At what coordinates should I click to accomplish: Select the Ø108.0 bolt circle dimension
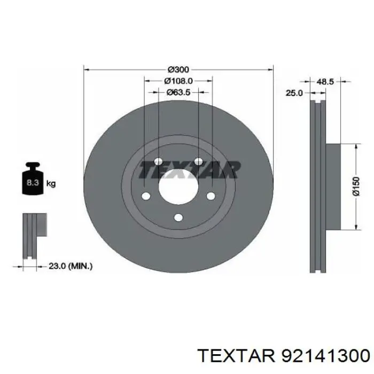(178, 81)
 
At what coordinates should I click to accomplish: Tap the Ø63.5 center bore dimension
(178, 92)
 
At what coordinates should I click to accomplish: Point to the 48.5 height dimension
(325, 82)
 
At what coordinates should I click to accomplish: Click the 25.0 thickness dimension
(294, 92)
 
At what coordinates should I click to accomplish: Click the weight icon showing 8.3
(32, 183)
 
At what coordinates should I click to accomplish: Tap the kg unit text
(51, 184)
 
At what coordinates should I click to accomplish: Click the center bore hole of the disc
(178, 188)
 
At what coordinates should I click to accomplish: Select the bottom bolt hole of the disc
(178, 217)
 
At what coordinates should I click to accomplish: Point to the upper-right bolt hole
(198, 162)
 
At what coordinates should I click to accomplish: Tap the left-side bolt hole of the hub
(146, 196)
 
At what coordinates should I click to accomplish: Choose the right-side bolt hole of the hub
(211, 196)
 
